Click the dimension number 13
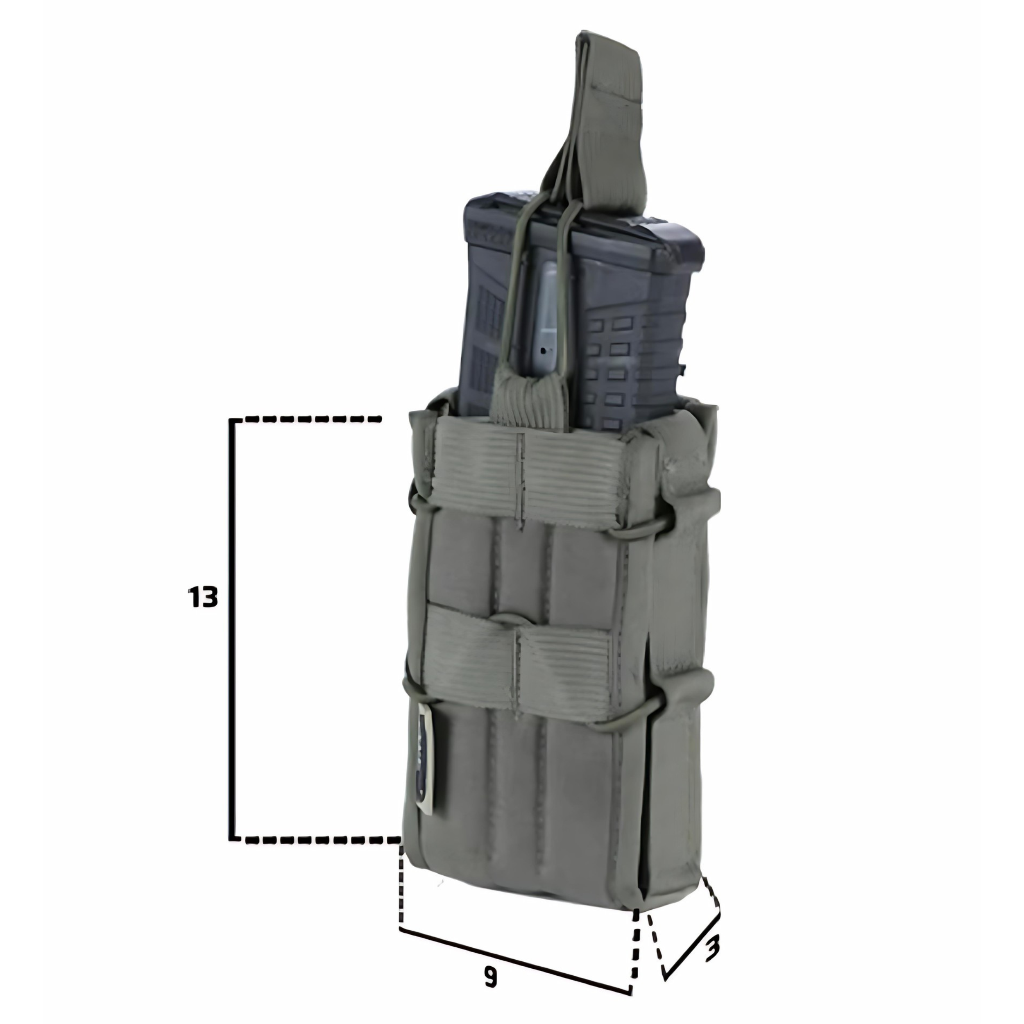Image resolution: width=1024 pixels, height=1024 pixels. pos(202,597)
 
